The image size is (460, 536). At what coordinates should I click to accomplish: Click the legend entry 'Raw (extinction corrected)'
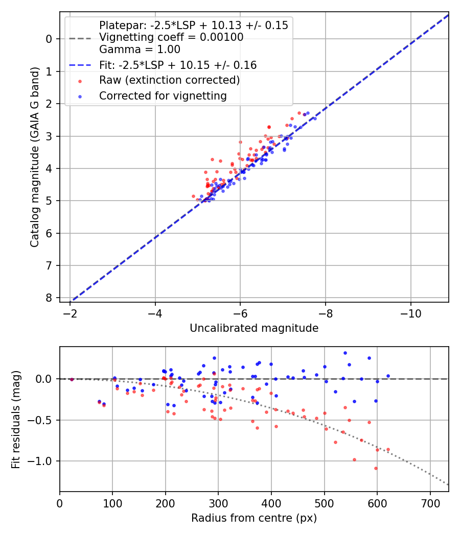pos(169,80)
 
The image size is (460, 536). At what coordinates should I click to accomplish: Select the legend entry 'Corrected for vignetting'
pos(163,95)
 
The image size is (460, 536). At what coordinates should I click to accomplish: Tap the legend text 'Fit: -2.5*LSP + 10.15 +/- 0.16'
pos(178,65)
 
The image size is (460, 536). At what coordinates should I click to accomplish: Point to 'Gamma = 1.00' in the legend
pos(140,50)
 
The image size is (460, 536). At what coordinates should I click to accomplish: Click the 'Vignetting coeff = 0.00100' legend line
pos(171,37)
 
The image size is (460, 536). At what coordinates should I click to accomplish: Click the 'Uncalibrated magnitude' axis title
pos(254,328)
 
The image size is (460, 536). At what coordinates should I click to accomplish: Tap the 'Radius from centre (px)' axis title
pos(254,518)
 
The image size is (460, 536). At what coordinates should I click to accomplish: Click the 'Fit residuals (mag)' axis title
pos(16,419)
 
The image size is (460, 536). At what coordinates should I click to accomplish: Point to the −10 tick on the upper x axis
pos(410,313)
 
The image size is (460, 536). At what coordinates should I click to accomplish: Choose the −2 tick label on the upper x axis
pos(70,313)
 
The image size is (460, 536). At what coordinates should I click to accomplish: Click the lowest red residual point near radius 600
pos(376,468)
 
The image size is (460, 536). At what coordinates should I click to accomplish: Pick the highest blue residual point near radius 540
pos(345,353)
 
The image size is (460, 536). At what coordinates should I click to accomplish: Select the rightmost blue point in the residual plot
pos(388,376)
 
